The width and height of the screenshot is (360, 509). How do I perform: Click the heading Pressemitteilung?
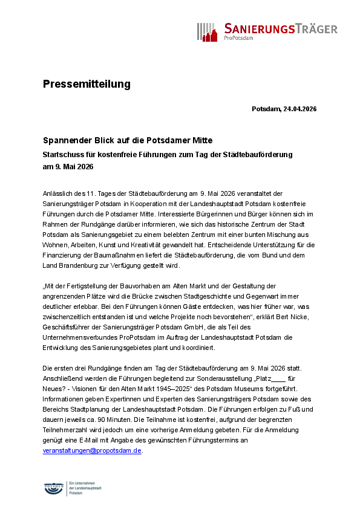pyautogui.click(x=87, y=84)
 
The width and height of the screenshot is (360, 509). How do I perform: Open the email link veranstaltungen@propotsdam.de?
pyautogui.click(x=92, y=450)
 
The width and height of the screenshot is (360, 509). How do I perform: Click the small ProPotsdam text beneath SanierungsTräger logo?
pyautogui.click(x=238, y=38)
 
